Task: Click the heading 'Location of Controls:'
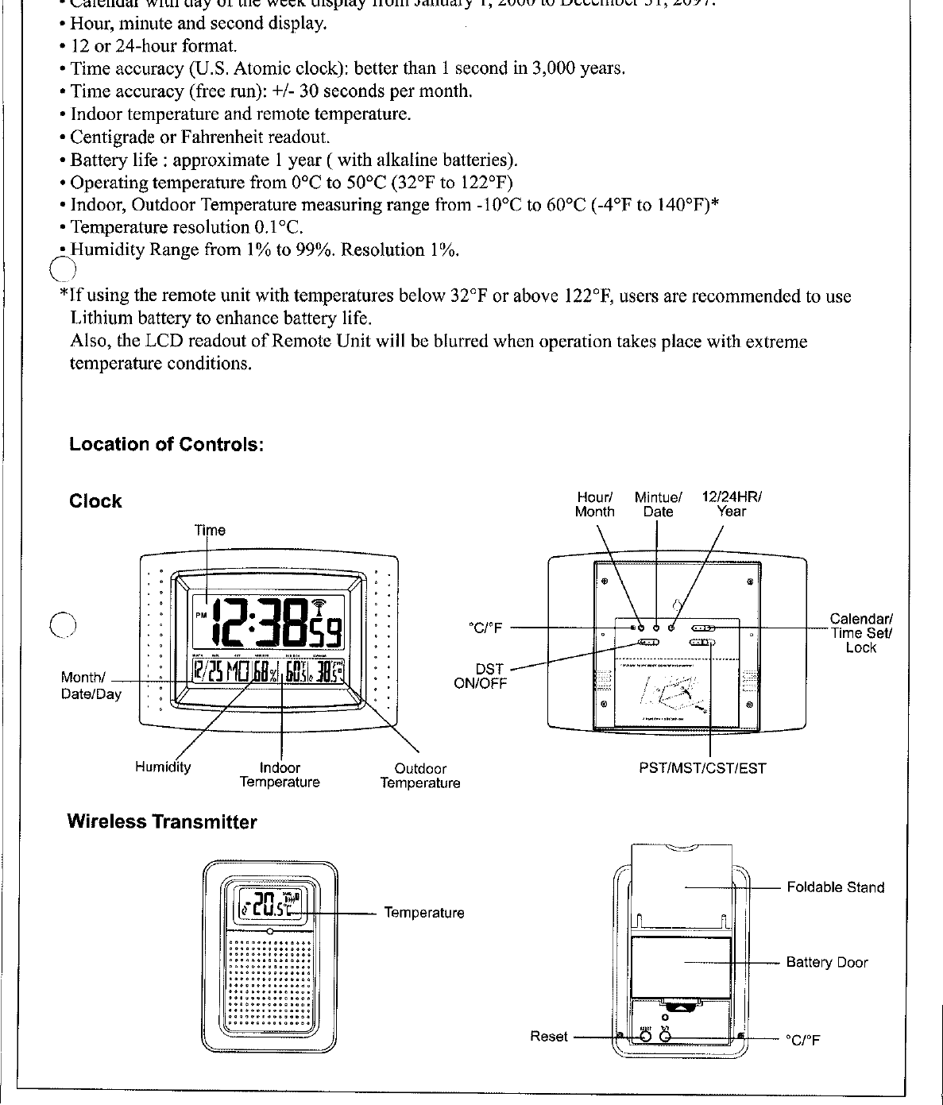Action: [166, 444]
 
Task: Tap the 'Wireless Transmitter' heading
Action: [162, 822]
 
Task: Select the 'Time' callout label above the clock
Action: [211, 530]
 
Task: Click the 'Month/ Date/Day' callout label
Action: [91, 686]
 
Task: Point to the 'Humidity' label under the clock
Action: [163, 767]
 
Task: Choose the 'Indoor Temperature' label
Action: [280, 775]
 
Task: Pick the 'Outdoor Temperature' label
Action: [420, 776]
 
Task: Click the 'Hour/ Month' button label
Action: [594, 504]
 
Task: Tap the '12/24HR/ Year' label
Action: [731, 504]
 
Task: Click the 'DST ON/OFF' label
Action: [481, 676]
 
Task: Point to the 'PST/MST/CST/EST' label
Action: [702, 768]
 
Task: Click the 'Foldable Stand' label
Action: [835, 887]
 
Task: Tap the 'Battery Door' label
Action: [827, 963]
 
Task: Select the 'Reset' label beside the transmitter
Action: [549, 1037]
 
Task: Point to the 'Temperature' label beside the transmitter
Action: [424, 913]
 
